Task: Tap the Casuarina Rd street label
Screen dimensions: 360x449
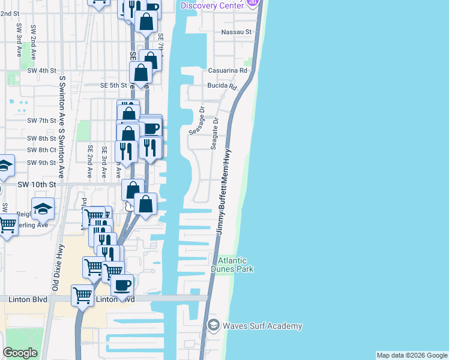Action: (x=228, y=70)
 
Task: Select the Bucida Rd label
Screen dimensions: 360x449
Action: (x=223, y=86)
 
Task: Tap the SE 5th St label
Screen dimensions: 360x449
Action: (x=113, y=85)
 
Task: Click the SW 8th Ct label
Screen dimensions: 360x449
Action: (x=41, y=150)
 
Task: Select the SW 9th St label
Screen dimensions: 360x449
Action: (x=41, y=163)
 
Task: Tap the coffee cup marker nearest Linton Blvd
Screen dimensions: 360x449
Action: (x=122, y=286)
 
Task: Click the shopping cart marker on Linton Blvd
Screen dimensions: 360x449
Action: (x=82, y=294)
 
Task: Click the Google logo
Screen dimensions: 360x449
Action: (x=20, y=353)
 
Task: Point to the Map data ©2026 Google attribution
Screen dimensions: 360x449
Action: (x=411, y=355)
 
